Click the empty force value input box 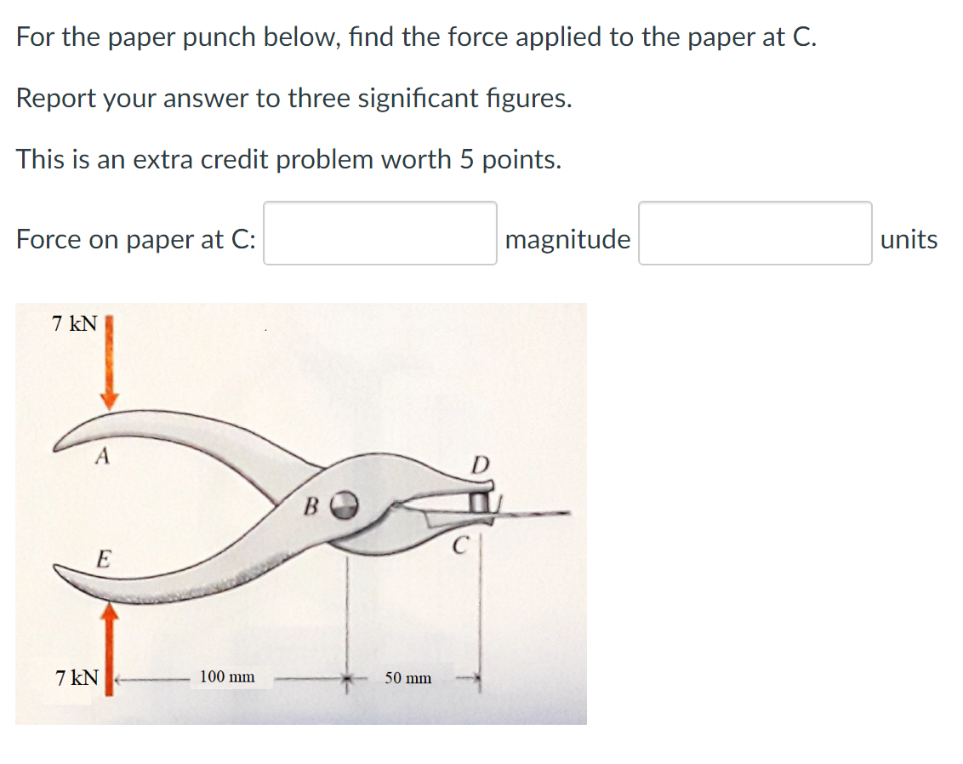[x=379, y=233]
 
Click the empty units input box [x=755, y=233]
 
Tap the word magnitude [x=567, y=239]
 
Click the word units [x=909, y=239]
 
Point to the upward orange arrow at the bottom [x=109, y=647]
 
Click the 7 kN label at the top [x=75, y=324]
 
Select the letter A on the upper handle [x=102, y=457]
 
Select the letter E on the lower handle [x=103, y=559]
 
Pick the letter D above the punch [x=481, y=465]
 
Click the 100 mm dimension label [x=227, y=677]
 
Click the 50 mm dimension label [x=407, y=678]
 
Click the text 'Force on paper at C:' [x=135, y=239]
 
